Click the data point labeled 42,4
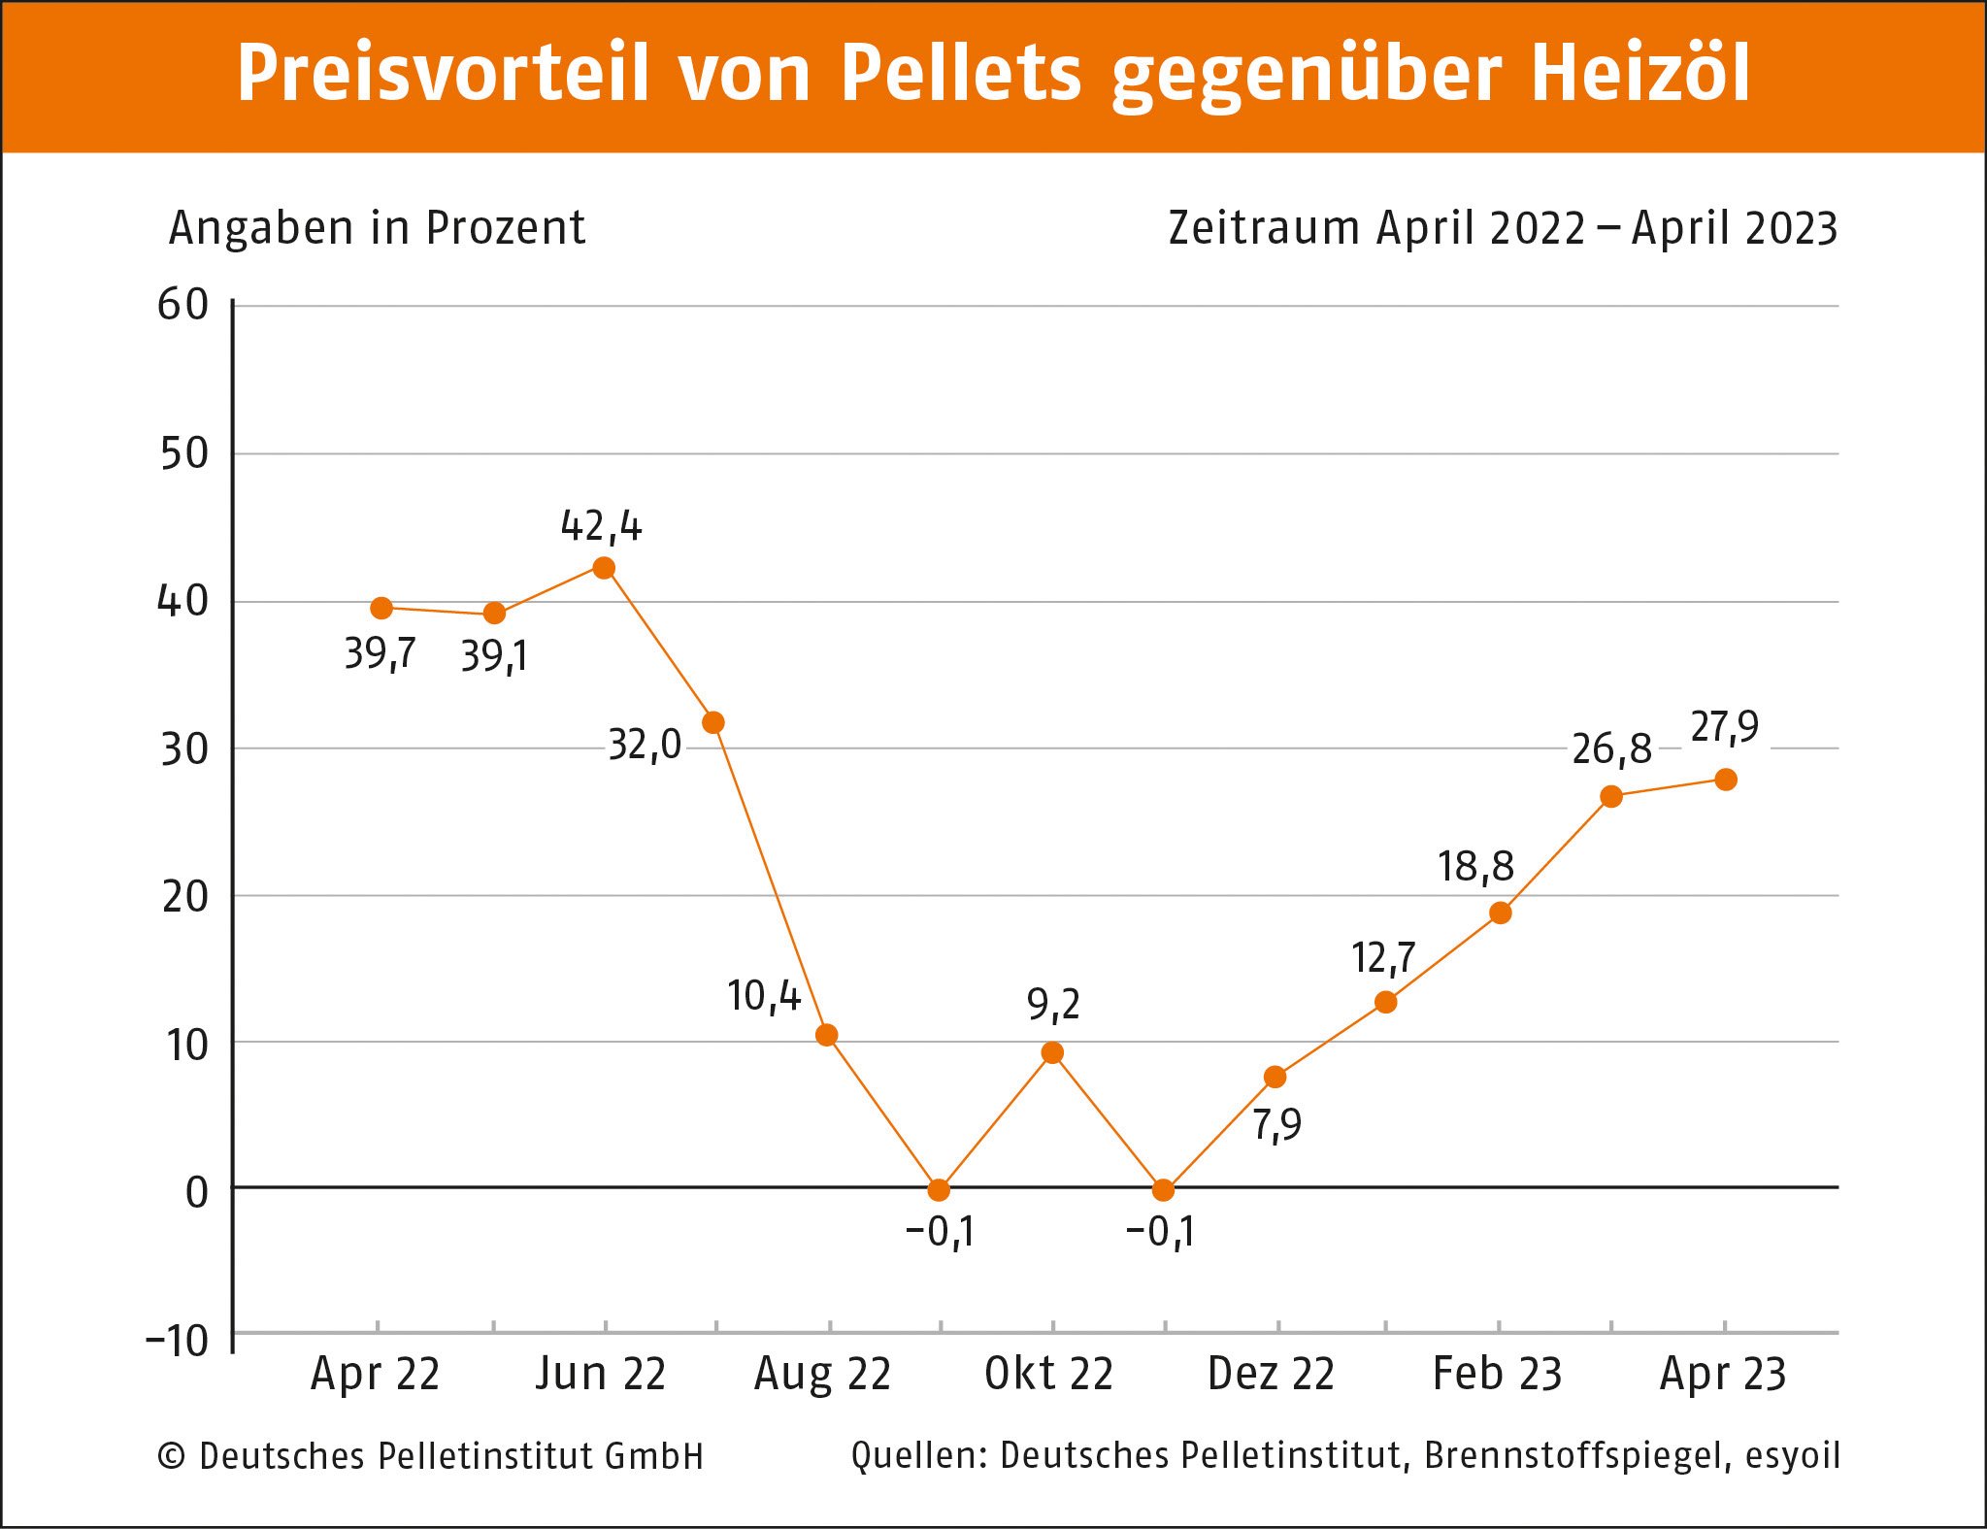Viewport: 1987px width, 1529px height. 604,568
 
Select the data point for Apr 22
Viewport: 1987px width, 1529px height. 381,609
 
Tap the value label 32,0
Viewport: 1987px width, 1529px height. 645,746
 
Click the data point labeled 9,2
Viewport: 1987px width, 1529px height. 1052,1053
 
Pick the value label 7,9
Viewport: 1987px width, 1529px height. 1276,1125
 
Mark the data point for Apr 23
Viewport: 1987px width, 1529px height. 1726,780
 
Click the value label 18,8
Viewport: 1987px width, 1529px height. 1475,866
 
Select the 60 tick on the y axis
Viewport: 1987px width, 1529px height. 183,306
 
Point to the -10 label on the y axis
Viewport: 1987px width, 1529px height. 178,1342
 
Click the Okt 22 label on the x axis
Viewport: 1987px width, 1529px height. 1049,1375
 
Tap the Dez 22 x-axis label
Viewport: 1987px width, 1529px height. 1272,1375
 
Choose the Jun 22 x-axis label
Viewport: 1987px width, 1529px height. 601,1375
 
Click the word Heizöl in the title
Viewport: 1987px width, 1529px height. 1640,74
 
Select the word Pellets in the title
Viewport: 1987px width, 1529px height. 960,74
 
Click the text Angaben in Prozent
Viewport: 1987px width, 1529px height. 377,229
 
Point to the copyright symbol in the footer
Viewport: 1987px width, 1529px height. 172,1456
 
